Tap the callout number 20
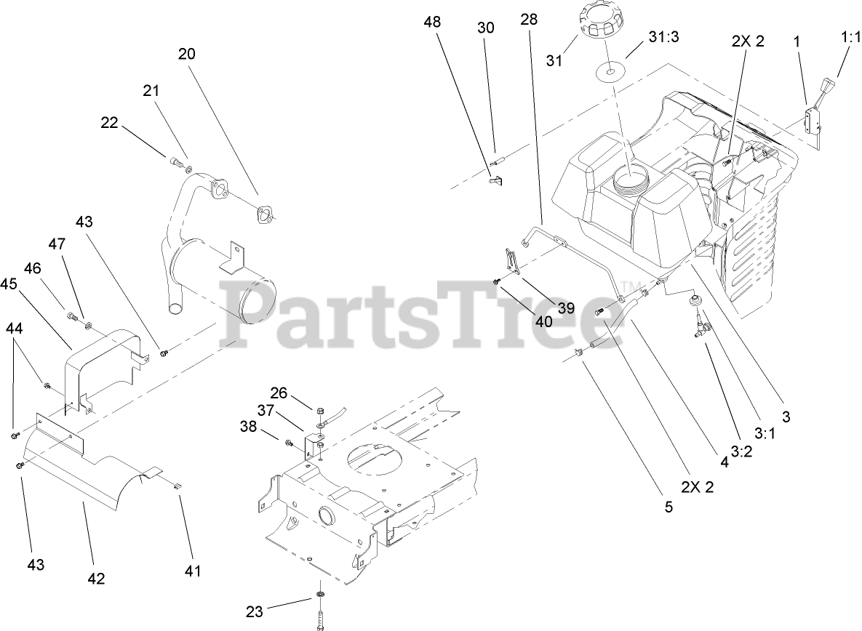(187, 54)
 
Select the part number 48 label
(432, 23)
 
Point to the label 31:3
(663, 38)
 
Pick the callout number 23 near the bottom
(254, 611)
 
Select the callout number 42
(96, 579)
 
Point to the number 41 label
(192, 571)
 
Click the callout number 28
(529, 20)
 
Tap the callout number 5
(669, 507)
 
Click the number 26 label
(279, 393)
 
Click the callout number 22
(109, 124)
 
